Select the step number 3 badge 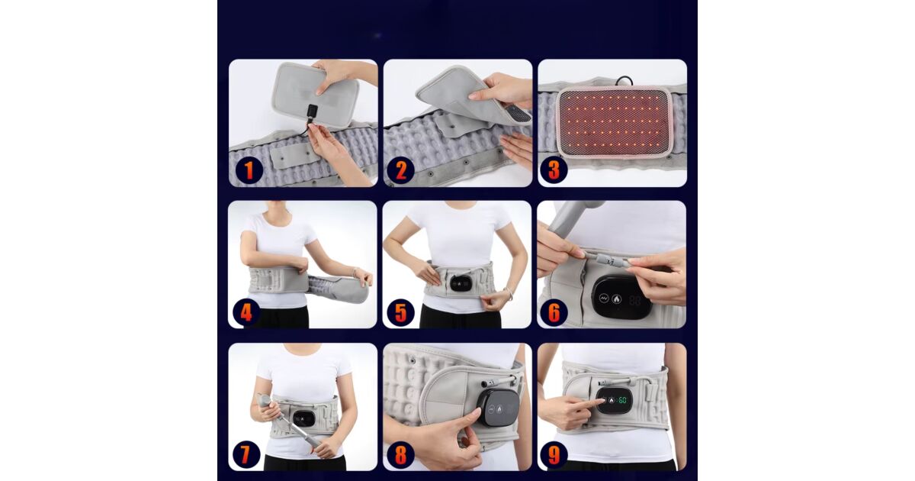(x=554, y=169)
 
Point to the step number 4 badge (x=246, y=312)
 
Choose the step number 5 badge (x=401, y=312)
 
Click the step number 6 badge (x=554, y=312)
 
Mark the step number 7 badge (x=246, y=454)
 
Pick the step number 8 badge (x=401, y=454)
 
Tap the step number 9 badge (x=554, y=455)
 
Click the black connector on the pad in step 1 (x=312, y=111)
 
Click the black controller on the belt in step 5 (x=461, y=283)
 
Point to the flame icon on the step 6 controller (x=616, y=299)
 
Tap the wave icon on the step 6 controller (x=604, y=299)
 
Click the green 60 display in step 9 (x=622, y=399)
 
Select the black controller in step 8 (x=498, y=408)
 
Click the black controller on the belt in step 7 (x=304, y=418)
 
